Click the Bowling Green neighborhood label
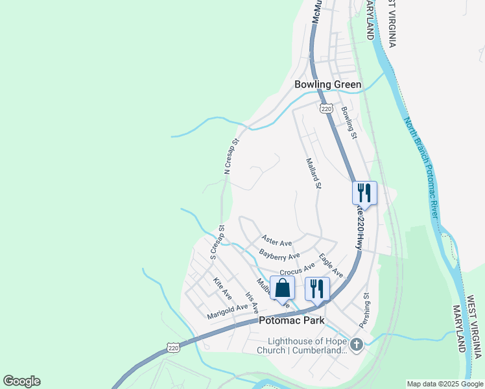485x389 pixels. pos(327,84)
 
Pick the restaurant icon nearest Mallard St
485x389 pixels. pos(364,193)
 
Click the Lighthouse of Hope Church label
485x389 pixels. pos(307,346)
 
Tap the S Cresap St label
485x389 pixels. pos(217,242)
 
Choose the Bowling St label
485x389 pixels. pos(349,123)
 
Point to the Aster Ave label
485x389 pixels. pos(277,241)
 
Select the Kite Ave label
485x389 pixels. pos(222,288)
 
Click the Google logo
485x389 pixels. pos(21,381)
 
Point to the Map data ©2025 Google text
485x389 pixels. pos(444,384)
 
